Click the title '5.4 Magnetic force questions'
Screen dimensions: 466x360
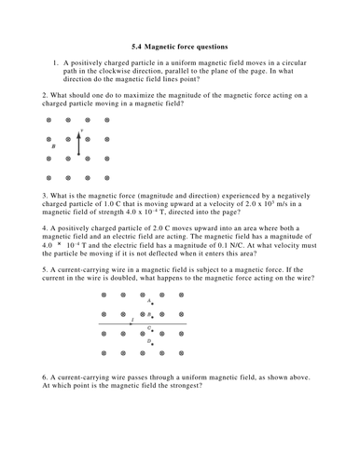(x=180, y=46)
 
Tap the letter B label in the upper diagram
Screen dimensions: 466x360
(x=54, y=147)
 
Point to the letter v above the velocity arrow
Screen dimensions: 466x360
(x=82, y=130)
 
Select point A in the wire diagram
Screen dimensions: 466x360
(x=153, y=303)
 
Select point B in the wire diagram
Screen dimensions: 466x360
(x=153, y=317)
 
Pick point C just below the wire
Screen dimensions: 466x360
(x=153, y=330)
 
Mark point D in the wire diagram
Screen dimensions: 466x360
(x=153, y=344)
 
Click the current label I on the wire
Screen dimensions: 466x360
(x=132, y=320)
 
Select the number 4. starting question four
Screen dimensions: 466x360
(x=46, y=227)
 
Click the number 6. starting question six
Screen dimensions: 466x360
(x=46, y=377)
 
